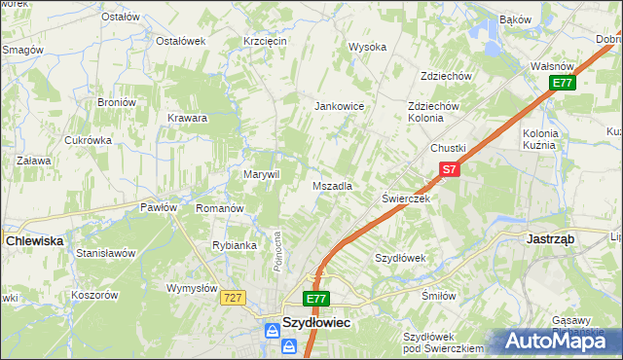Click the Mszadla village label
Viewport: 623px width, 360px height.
pyautogui.click(x=332, y=186)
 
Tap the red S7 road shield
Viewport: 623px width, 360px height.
pyautogui.click(x=447, y=169)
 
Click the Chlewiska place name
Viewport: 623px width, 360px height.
pyautogui.click(x=34, y=239)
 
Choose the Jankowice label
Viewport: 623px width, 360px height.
pyautogui.click(x=339, y=106)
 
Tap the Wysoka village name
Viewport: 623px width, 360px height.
pyautogui.click(x=368, y=47)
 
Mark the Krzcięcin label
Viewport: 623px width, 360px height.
pyautogui.click(x=265, y=41)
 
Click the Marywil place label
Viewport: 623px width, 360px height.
pyautogui.click(x=261, y=174)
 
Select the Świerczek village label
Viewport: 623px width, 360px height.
pyautogui.click(x=406, y=198)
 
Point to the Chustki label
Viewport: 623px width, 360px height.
pyautogui.click(x=449, y=148)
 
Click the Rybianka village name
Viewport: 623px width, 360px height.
pyautogui.click(x=235, y=245)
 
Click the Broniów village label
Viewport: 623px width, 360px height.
pyautogui.click(x=115, y=102)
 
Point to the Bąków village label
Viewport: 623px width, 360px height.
pyautogui.click(x=515, y=18)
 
